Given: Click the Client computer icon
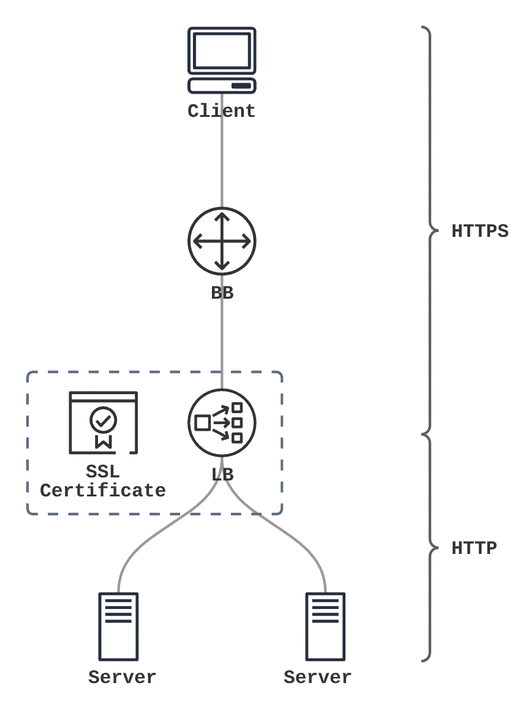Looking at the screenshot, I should pyautogui.click(x=222, y=60).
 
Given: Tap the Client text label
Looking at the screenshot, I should pyautogui.click(x=221, y=111).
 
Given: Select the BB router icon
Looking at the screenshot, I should pyautogui.click(x=222, y=241).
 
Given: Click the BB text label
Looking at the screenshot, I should pyautogui.click(x=222, y=293).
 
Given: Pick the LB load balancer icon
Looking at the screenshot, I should pyautogui.click(x=222, y=422).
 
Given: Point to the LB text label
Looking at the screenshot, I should pyautogui.click(x=222, y=474).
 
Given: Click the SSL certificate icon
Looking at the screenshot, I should pyautogui.click(x=103, y=422).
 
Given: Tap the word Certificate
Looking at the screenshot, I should pyautogui.click(x=103, y=490).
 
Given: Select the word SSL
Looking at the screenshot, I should pyautogui.click(x=103, y=473).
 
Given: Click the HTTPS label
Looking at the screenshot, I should pyautogui.click(x=480, y=232).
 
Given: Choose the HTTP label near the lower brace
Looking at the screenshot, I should pyautogui.click(x=473, y=548).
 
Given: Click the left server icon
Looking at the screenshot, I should pyautogui.click(x=119, y=626).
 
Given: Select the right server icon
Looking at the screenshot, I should pyautogui.click(x=325, y=626).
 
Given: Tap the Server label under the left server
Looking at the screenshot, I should pyautogui.click(x=122, y=678).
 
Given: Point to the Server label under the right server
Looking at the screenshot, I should pyautogui.click(x=317, y=678).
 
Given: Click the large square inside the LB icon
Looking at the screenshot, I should pyautogui.click(x=202, y=422).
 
